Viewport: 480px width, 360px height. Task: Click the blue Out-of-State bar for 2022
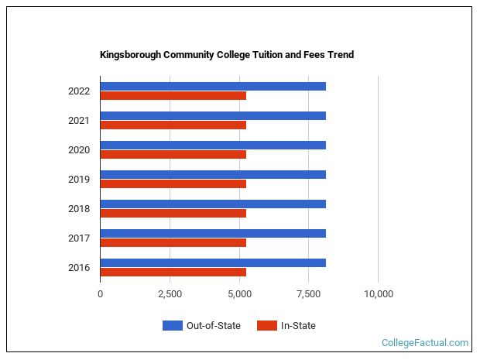pos(213,86)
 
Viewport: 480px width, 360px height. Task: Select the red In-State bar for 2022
pos(173,96)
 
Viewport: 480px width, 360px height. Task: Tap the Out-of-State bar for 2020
pos(213,145)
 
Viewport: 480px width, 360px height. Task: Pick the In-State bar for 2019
pos(173,184)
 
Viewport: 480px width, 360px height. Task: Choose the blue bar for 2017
pos(213,233)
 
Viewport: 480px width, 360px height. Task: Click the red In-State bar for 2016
pos(173,273)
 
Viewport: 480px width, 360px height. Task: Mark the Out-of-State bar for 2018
pos(213,204)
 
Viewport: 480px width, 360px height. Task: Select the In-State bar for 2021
pos(173,125)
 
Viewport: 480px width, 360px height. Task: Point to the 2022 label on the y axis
pos(79,91)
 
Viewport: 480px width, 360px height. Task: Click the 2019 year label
pos(79,180)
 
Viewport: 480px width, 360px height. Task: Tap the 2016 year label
pos(79,268)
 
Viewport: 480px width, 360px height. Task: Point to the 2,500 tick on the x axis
pos(170,294)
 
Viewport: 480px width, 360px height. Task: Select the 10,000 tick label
pos(378,294)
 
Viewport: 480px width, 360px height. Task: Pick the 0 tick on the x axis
pos(100,294)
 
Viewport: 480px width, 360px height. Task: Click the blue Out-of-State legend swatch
pos(172,326)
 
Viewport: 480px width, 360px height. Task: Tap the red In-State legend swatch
pos(266,326)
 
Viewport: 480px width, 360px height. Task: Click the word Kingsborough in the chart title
pos(131,56)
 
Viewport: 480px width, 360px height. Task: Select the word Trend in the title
pos(340,56)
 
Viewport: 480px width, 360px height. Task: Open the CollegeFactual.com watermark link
pos(425,343)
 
